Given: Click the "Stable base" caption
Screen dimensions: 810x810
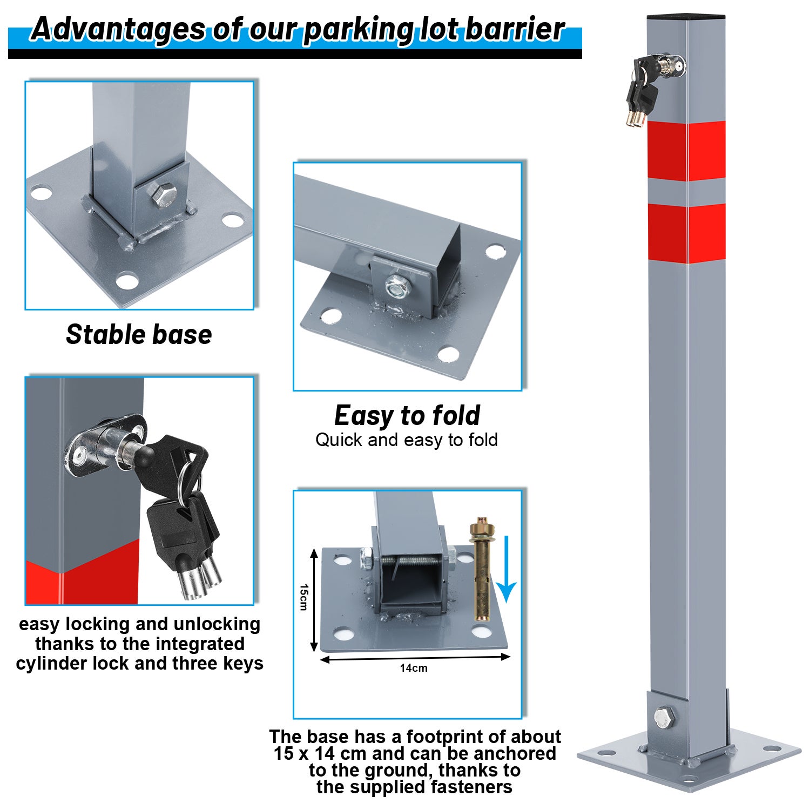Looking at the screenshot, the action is (139, 334).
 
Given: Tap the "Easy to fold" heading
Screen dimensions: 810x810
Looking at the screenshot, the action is (407, 415).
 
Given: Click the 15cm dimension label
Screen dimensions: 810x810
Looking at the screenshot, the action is (303, 597).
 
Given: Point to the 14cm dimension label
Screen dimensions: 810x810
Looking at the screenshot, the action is (414, 668).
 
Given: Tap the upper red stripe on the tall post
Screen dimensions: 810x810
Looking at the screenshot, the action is (686, 151).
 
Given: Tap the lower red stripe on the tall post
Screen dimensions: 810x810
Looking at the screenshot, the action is (686, 233).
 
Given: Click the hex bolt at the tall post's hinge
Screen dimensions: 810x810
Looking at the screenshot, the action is (664, 717).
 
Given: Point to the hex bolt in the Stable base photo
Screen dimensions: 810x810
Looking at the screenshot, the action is (161, 196).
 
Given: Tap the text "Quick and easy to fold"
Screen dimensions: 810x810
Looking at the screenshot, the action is (407, 440).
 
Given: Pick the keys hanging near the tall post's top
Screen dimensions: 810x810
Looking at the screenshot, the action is (642, 91).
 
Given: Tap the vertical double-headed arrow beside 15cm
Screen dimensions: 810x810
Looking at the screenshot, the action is (314, 600).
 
